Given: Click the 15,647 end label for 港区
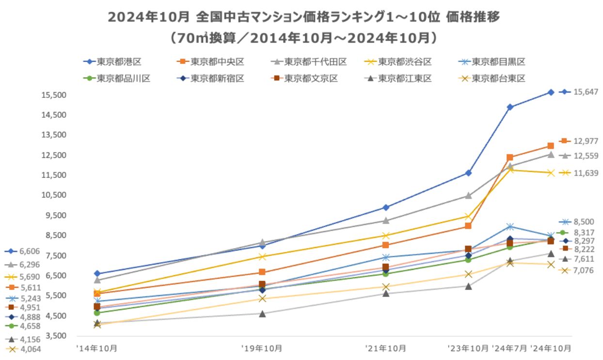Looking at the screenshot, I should [586, 92].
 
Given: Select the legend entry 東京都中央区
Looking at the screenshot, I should [217, 62].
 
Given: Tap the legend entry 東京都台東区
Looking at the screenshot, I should [498, 78].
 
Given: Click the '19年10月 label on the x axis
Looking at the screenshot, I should [262, 348].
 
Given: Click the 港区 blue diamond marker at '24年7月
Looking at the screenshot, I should [510, 107].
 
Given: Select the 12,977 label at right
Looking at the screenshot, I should [586, 141].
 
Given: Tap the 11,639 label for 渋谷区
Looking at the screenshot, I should [586, 173].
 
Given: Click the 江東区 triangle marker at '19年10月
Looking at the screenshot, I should [262, 313].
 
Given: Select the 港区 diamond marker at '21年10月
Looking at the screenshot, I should [386, 207].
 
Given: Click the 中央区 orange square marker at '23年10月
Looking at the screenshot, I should [468, 226].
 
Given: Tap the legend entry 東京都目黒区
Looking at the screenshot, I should [498, 62].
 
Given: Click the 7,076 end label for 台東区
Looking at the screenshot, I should [584, 270].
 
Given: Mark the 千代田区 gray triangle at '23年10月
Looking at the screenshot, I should [468, 196].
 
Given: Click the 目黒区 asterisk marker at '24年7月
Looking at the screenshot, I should [510, 226].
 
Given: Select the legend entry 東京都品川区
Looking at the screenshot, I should [123, 78].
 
